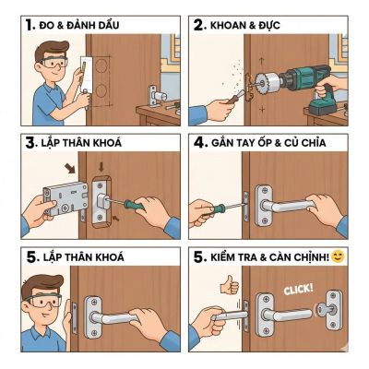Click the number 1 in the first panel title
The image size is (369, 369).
tap(30, 23)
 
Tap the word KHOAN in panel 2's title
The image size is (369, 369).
tap(226, 24)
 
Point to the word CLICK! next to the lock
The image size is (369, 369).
tap(297, 290)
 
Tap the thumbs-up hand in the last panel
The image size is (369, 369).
tap(229, 286)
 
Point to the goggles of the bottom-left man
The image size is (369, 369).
tap(42, 301)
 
